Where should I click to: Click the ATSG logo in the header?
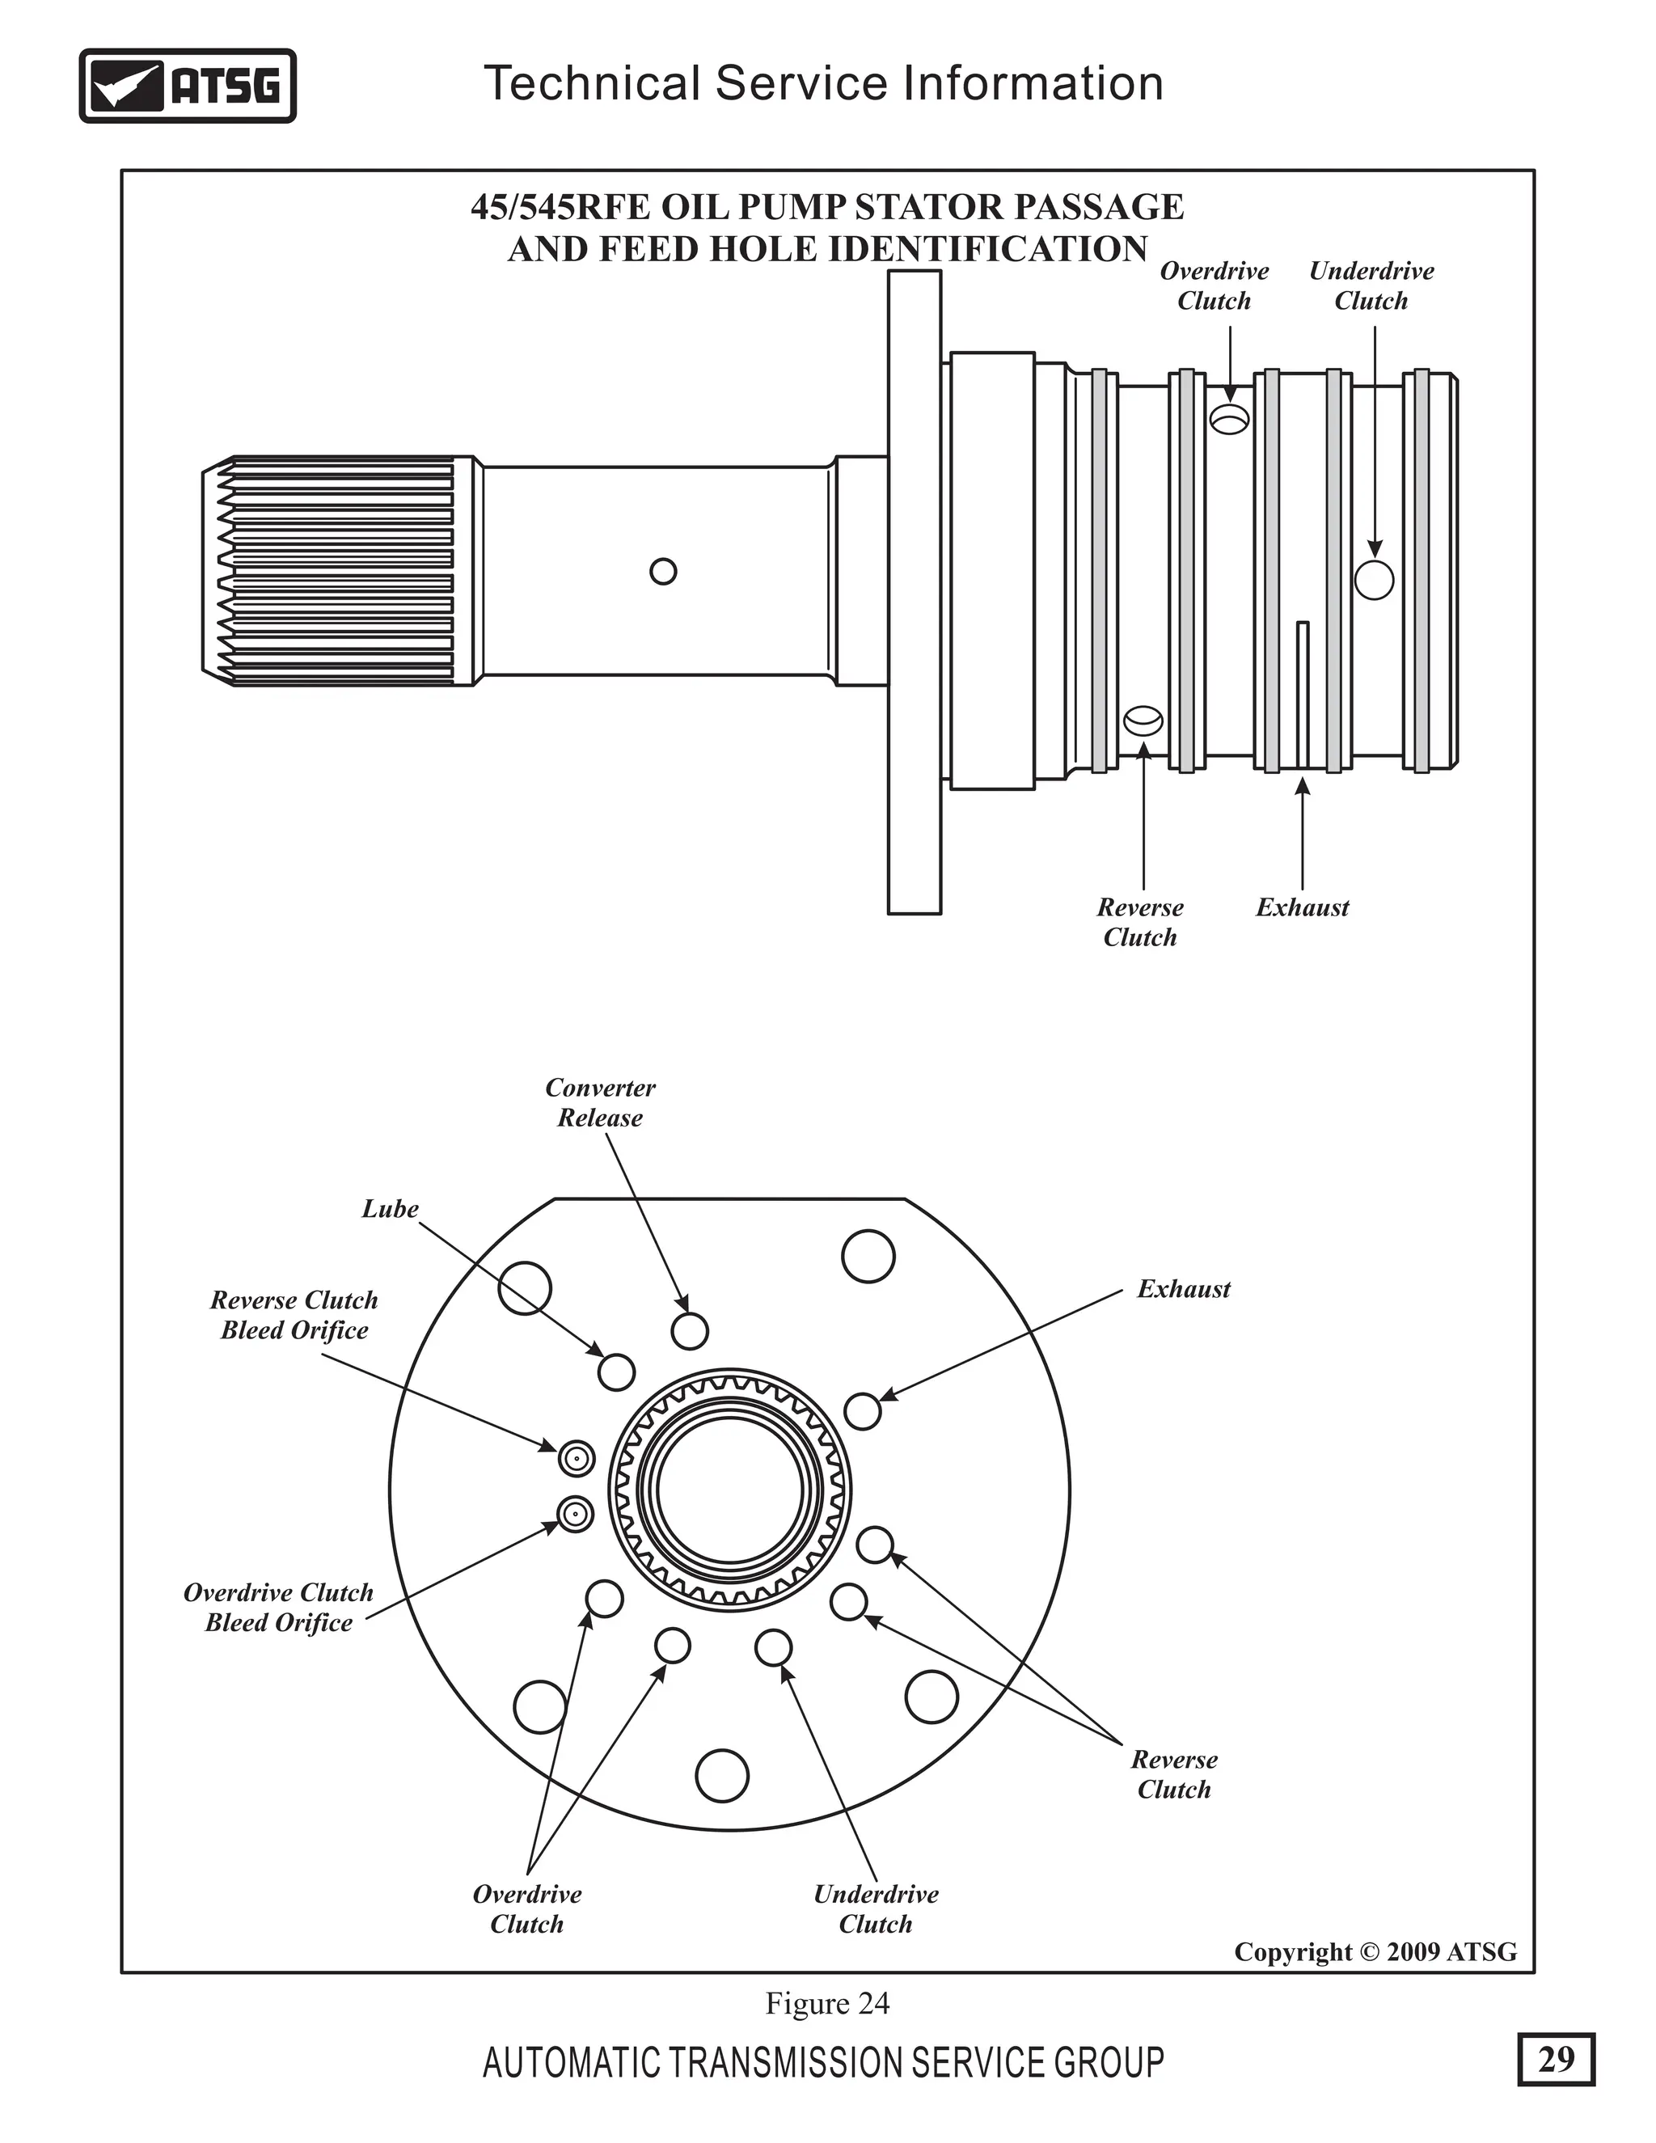click(188, 86)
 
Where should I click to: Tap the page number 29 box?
click(1555, 2059)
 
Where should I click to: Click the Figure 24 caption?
click(827, 2002)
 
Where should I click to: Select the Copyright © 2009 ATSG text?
click(1375, 1951)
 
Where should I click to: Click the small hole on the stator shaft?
click(663, 571)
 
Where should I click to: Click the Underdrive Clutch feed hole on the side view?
click(1374, 580)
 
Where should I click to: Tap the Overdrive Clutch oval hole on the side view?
click(1229, 420)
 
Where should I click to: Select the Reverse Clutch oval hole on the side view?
click(1143, 722)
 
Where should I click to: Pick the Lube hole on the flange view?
click(616, 1372)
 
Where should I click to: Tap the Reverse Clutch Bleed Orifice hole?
click(577, 1459)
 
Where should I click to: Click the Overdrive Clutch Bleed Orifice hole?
click(575, 1514)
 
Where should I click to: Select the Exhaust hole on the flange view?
click(862, 1411)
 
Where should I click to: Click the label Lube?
click(390, 1209)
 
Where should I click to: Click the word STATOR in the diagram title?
click(924, 207)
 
